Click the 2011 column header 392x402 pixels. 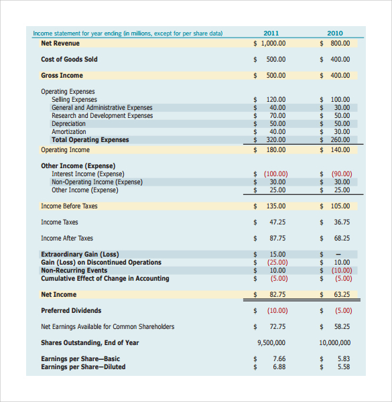[271, 33]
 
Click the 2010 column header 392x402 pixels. [335, 33]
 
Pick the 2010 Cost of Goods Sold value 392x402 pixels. [340, 59]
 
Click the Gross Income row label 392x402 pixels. [62, 75]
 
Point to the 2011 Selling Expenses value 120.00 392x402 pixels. [276, 99]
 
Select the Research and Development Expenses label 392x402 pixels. [102, 115]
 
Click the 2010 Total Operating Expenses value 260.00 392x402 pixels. [340, 139]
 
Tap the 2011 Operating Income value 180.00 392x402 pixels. [276, 149]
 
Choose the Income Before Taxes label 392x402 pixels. [69, 206]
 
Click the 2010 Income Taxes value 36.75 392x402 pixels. [342, 222]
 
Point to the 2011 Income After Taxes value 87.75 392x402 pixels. [277, 238]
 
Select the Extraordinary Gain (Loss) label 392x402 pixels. [80, 254]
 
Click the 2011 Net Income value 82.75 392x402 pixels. [277, 294]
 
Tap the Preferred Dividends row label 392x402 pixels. [71, 310]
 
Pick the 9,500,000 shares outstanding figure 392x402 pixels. [271, 342]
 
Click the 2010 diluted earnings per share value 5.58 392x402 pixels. [344, 366]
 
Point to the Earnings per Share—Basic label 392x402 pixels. [80, 358]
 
